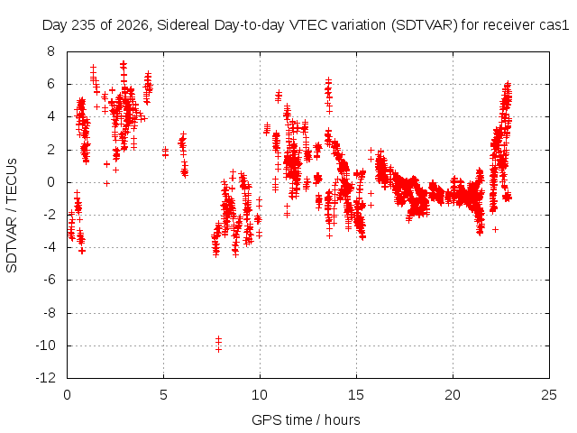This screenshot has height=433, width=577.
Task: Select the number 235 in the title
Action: pos(83,25)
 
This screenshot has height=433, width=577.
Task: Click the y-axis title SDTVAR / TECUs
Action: pos(12,216)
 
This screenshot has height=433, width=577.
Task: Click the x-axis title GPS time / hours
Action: pos(306,419)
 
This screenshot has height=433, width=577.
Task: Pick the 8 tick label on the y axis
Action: pos(50,51)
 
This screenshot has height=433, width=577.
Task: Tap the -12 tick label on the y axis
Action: pos(45,378)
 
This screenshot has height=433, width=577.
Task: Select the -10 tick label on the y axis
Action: pos(45,345)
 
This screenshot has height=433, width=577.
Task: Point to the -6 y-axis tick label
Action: pos(48,280)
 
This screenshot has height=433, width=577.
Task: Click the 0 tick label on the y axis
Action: pos(50,182)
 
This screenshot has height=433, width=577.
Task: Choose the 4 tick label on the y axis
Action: pos(50,116)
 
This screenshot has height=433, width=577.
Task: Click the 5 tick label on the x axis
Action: pos(163,395)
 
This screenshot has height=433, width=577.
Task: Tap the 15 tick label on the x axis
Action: pos(356,395)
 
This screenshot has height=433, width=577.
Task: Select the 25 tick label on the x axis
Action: pos(549,395)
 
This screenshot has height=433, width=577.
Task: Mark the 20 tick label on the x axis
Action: pos(453,395)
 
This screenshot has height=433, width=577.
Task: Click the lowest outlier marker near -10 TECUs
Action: pos(218,349)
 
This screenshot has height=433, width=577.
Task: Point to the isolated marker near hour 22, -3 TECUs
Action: pos(495,229)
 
